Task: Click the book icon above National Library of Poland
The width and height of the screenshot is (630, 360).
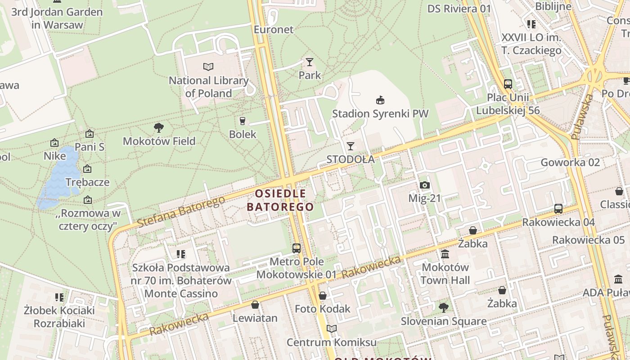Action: (x=208, y=67)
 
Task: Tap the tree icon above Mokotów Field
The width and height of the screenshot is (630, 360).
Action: (x=158, y=127)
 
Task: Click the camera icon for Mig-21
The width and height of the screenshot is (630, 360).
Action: (x=424, y=185)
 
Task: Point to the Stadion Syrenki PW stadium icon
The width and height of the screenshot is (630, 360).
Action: (x=380, y=100)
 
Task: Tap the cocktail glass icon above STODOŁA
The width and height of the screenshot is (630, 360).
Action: (x=350, y=146)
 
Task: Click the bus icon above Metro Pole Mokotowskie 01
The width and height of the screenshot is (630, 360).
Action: (x=296, y=248)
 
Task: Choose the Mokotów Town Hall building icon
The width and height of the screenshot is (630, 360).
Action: (x=445, y=254)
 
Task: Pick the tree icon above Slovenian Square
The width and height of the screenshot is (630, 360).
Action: (x=443, y=308)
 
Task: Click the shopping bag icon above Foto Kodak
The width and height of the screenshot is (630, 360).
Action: (x=322, y=296)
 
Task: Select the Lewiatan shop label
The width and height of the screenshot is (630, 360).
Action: (x=255, y=318)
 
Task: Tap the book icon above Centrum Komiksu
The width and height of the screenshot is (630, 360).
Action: (x=331, y=329)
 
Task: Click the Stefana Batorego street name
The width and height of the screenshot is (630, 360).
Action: (x=181, y=211)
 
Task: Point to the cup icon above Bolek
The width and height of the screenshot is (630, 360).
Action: (x=242, y=121)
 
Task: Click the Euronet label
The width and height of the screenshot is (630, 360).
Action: (x=274, y=30)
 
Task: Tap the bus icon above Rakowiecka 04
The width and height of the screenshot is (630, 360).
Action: (x=558, y=208)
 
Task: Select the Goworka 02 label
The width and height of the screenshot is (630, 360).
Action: (x=570, y=162)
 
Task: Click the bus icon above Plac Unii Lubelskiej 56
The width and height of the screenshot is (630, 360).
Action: (x=508, y=84)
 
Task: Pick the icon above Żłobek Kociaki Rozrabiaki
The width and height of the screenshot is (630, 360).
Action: (x=59, y=297)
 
